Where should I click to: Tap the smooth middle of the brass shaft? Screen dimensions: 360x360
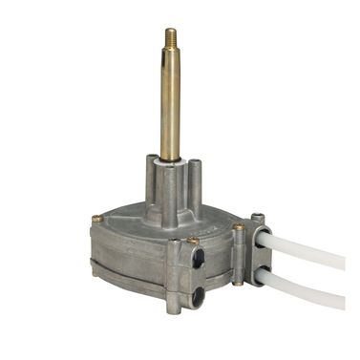(170, 105)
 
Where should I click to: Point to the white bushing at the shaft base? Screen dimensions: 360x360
(170, 163)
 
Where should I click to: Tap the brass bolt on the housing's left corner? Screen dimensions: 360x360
(96, 220)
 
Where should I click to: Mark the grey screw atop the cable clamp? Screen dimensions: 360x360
(257, 221)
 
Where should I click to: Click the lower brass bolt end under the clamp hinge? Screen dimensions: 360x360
(236, 283)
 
